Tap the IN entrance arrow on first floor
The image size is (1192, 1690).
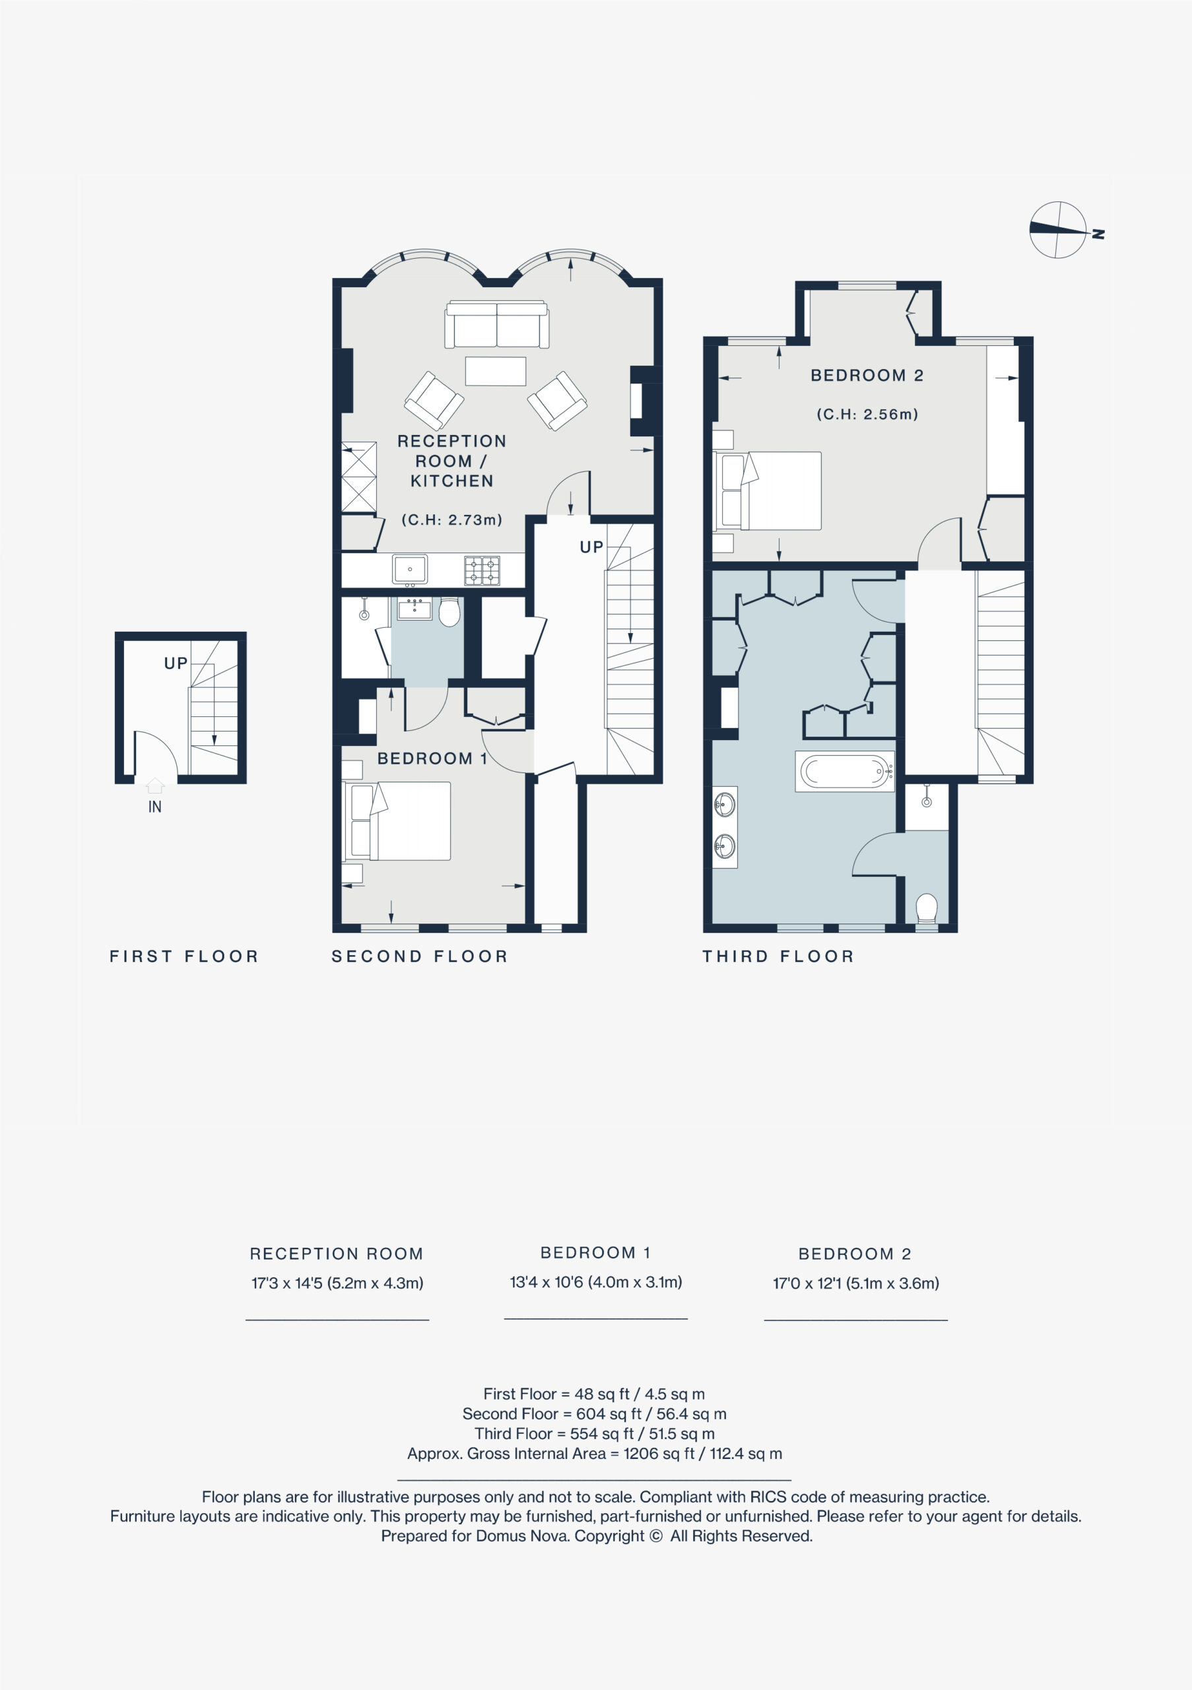(155, 786)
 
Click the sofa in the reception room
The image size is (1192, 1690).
(496, 324)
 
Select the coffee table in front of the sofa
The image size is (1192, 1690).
(496, 371)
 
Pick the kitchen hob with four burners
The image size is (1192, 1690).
(482, 570)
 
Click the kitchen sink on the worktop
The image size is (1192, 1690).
(410, 570)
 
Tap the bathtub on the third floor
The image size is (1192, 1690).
(845, 772)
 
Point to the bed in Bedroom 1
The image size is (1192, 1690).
(397, 821)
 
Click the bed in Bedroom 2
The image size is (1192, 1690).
(768, 491)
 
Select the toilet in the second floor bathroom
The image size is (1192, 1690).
(449, 611)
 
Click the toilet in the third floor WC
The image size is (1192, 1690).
(927, 908)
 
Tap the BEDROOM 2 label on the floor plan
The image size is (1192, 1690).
(867, 376)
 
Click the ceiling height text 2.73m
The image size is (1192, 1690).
(451, 520)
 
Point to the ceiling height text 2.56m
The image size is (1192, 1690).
(867, 415)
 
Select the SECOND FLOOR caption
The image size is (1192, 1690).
(419, 956)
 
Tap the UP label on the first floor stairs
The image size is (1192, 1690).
(176, 663)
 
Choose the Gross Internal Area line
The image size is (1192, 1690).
(595, 1454)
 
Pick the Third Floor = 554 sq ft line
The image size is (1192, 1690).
(595, 1434)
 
